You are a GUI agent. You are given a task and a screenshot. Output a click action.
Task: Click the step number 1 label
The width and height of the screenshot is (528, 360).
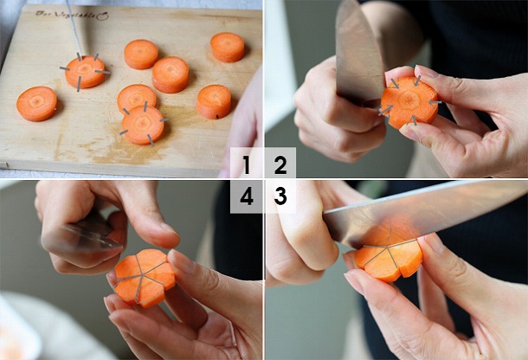tap(247, 164)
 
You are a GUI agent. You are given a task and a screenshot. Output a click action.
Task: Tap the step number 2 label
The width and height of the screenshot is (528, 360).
tap(280, 164)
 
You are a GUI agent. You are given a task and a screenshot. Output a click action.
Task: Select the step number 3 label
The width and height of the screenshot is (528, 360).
tap(280, 196)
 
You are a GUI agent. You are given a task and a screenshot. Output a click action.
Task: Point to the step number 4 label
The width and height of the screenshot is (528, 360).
tap(247, 196)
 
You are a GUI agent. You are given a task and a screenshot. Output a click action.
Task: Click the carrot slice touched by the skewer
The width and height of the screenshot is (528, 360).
tap(85, 72)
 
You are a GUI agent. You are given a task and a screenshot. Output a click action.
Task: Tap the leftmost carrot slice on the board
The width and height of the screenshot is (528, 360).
tap(37, 103)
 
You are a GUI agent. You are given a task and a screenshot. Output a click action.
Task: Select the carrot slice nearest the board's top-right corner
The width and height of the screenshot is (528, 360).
tap(228, 47)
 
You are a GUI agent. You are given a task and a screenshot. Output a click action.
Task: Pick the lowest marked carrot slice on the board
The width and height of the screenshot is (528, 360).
tap(143, 125)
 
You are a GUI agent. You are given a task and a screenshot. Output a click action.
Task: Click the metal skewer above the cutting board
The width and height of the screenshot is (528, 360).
tap(74, 26)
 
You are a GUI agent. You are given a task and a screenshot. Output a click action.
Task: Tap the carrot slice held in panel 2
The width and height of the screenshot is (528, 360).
tap(409, 102)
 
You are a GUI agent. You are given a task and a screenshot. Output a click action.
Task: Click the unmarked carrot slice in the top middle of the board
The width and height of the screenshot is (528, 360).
tap(141, 54)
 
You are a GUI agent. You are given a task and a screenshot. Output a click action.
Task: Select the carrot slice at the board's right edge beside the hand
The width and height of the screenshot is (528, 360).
tap(214, 101)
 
